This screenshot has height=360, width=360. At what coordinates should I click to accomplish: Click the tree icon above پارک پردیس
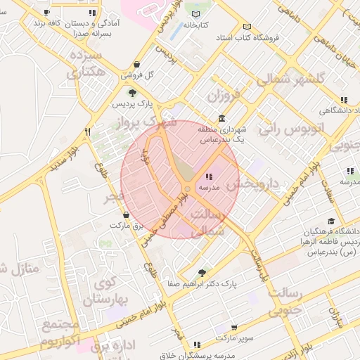coord(131,92)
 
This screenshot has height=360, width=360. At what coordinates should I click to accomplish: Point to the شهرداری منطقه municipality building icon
coord(221,117)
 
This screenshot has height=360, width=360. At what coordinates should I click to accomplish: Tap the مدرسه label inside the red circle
coord(210,188)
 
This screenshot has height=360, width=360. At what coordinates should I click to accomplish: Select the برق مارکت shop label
coord(126,226)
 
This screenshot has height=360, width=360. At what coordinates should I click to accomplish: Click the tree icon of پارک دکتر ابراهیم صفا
coord(203,273)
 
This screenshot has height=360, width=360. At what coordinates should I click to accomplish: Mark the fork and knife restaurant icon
coord(88,131)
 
